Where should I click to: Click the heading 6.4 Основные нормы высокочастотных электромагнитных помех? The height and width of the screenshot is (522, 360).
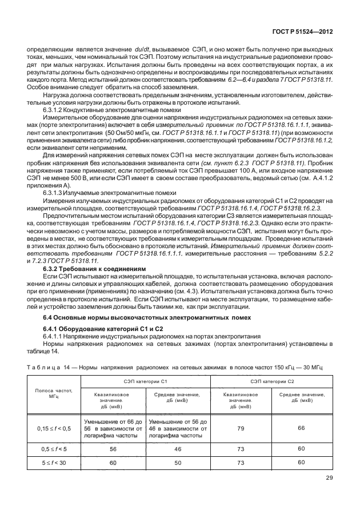click(136, 317)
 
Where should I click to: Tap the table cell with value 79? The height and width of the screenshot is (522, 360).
click(241, 428)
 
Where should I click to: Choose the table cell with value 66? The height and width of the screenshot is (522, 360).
click(302, 428)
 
